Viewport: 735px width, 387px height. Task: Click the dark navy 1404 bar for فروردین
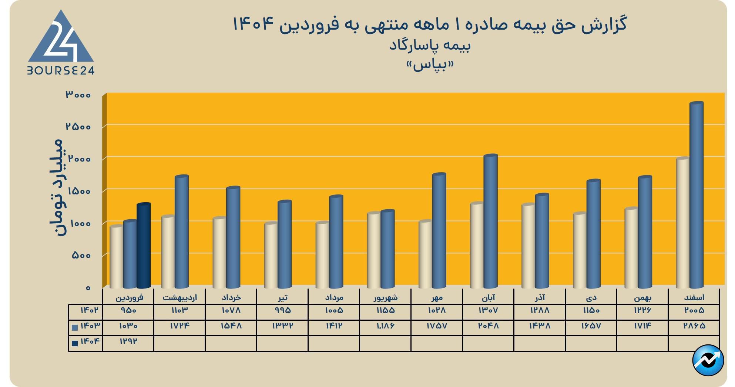click(144, 246)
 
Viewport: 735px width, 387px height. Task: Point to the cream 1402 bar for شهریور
click(374, 250)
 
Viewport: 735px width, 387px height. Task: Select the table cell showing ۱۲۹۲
click(128, 341)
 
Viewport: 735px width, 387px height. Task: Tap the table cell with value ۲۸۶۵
click(694, 326)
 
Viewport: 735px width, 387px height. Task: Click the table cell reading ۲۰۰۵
click(694, 310)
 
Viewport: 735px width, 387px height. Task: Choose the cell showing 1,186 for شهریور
click(385, 326)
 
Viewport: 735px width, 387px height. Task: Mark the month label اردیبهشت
click(179, 297)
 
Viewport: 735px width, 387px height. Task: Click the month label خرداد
click(231, 297)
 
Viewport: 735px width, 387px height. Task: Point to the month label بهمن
click(642, 297)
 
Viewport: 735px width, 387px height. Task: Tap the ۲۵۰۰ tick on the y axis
click(78, 127)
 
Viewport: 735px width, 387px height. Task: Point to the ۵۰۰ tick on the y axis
click(81, 256)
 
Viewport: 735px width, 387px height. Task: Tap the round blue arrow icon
click(708, 360)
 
